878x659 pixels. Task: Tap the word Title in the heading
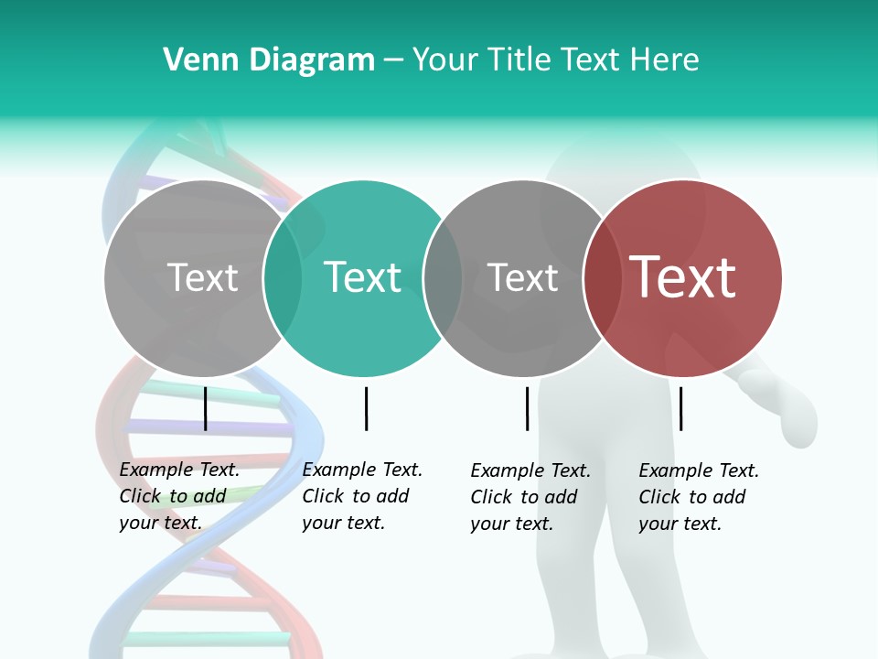click(x=516, y=59)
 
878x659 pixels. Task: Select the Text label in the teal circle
click(x=363, y=277)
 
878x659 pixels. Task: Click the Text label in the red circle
click(x=683, y=277)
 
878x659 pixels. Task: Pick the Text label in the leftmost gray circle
click(x=203, y=277)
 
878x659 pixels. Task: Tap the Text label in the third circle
click(x=523, y=277)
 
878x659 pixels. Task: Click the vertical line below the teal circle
click(x=366, y=408)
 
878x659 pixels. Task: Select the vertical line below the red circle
click(x=680, y=408)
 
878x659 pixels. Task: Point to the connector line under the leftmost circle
click(x=205, y=408)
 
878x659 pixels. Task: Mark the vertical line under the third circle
click(x=527, y=408)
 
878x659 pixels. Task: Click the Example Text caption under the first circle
click(x=179, y=496)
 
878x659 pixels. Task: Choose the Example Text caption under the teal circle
click(x=362, y=496)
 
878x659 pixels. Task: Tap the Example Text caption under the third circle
click(x=530, y=497)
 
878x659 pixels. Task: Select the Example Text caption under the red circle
click(x=699, y=497)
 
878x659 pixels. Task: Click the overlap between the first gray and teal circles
click(x=283, y=277)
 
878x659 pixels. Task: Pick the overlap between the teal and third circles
click(x=443, y=277)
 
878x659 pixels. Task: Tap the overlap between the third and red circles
click(x=603, y=277)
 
